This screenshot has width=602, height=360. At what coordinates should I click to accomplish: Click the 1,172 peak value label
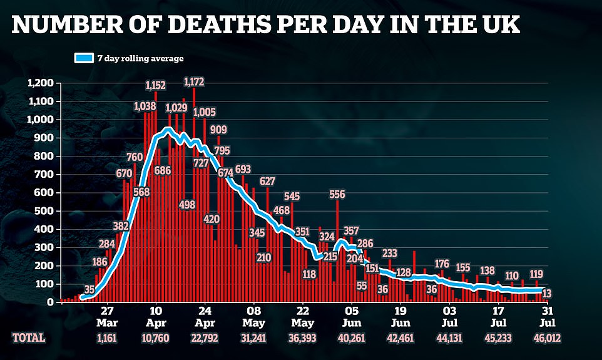(194, 81)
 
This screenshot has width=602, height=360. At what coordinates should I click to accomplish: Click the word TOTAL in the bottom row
(29, 337)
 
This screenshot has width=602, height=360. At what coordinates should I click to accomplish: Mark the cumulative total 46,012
(547, 337)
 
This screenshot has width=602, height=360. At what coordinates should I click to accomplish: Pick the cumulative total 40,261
(352, 337)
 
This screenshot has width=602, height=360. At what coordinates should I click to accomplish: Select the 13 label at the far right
(547, 293)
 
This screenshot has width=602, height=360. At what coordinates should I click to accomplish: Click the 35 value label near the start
(89, 289)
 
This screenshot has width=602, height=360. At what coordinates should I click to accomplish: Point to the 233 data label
(389, 253)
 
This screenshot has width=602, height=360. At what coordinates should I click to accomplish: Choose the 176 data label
(442, 264)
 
